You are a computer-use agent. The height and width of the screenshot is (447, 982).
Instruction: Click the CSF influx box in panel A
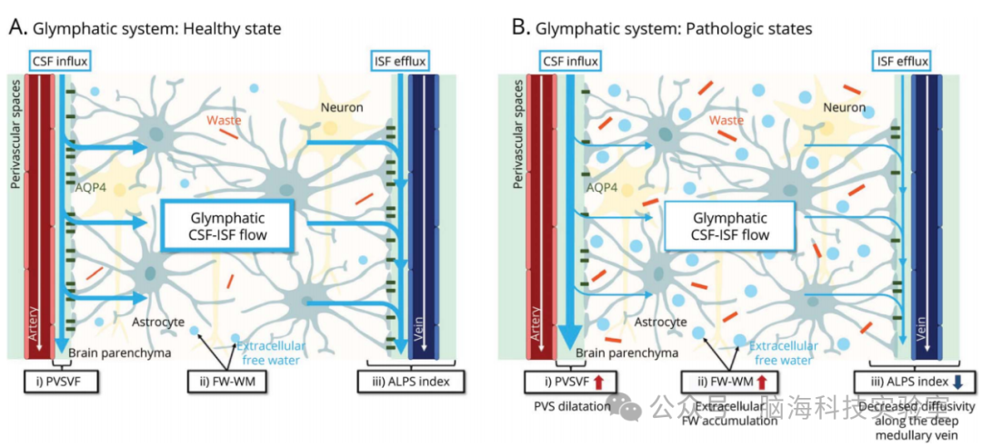61,62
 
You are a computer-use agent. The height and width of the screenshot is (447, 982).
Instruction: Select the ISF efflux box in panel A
399,62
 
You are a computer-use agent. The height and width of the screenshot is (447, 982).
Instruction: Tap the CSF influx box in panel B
570,62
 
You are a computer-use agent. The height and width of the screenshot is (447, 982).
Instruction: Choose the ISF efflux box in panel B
902,62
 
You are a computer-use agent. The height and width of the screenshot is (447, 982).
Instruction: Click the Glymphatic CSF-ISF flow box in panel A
227,226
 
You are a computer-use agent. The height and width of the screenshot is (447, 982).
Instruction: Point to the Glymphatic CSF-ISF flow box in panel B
730,226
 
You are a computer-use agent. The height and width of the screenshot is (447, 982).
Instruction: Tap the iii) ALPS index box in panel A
406,380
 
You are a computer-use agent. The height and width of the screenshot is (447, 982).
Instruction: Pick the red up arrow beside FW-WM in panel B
762,380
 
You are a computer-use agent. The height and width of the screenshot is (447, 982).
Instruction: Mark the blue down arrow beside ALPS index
957,380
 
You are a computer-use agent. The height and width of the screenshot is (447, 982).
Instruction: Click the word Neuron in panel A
341,108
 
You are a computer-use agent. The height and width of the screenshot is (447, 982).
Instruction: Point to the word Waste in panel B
726,120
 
